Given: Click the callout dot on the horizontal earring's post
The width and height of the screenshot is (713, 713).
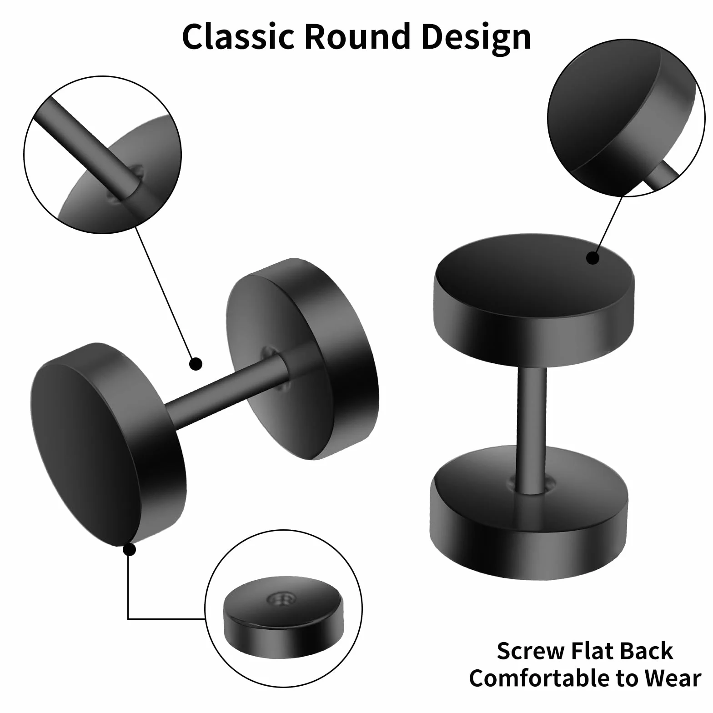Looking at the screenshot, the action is pos(196,364).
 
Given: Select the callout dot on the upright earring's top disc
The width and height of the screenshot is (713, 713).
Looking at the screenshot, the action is pos(592,258).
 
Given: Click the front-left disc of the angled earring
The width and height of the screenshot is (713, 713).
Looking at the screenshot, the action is pos(108,445).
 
